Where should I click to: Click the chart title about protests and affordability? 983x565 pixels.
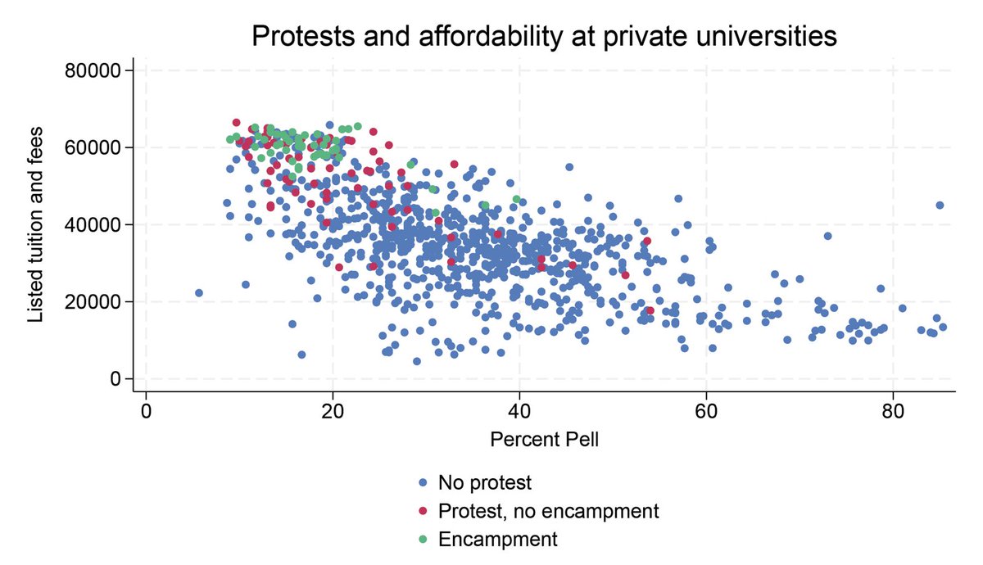544,37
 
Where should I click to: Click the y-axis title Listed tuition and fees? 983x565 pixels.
35,224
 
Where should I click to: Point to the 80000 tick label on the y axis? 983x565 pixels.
93,70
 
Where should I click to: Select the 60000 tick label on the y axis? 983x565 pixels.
93,147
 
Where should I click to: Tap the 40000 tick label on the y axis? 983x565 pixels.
93,224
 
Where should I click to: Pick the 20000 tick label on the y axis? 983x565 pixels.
93,301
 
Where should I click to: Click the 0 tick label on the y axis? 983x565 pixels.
115,378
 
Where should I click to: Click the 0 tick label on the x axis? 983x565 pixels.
146,409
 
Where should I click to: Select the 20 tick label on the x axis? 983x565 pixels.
333,409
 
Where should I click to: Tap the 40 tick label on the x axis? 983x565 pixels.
519,409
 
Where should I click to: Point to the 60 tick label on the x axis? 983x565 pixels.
706,409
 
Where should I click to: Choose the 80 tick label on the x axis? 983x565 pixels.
893,409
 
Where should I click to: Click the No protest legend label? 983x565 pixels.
485,482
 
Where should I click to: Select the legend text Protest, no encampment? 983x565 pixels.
548,511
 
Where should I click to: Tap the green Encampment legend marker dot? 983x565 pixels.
422,540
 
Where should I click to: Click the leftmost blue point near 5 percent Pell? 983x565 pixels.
198,292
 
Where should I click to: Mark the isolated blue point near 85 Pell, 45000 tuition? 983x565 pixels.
940,205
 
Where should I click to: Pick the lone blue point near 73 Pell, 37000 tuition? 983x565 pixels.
827,236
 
